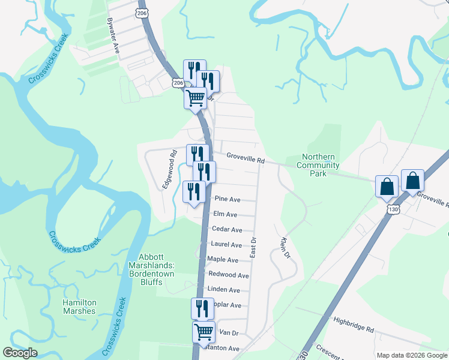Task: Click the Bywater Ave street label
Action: pyautogui.click(x=113, y=36)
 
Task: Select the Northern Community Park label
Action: pyautogui.click(x=318, y=165)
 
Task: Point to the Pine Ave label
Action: pyautogui.click(x=228, y=199)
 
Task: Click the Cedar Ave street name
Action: pyautogui.click(x=228, y=230)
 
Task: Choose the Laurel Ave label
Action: pyautogui.click(x=226, y=245)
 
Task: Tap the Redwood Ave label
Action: pyautogui.click(x=228, y=275)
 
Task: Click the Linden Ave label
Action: pyautogui.click(x=223, y=290)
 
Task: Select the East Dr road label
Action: pyautogui.click(x=253, y=247)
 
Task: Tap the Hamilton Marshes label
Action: pyautogui.click(x=79, y=307)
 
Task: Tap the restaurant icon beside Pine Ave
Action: pyautogui.click(x=193, y=191)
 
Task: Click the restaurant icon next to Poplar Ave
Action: pyautogui.click(x=202, y=308)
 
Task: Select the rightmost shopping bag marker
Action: pyautogui.click(x=412, y=180)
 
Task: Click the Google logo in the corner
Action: pyautogui.click(x=20, y=353)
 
